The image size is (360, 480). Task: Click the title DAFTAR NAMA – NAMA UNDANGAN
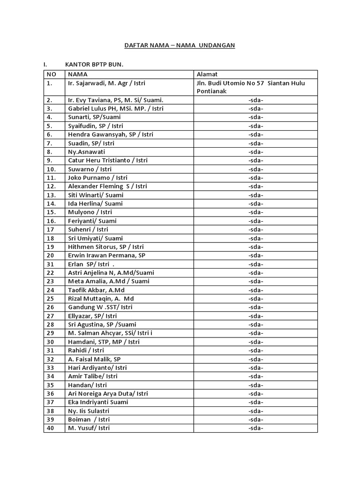(179, 45)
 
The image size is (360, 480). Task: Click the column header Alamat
(207, 74)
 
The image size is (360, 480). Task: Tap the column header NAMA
(78, 74)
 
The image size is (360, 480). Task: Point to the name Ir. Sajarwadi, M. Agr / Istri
(106, 83)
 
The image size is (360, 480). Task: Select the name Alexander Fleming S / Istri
(107, 186)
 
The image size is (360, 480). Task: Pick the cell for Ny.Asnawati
(87, 152)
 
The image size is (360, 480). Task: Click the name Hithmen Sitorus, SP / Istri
(106, 247)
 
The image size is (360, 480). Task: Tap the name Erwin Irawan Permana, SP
(107, 255)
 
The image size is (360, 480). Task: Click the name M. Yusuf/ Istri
(89, 428)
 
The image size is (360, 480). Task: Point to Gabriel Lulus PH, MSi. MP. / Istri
(116, 109)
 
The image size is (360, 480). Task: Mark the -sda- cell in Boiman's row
(255, 420)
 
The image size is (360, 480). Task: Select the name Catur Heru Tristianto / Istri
(108, 160)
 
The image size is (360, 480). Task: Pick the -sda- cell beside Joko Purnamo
(255, 178)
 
